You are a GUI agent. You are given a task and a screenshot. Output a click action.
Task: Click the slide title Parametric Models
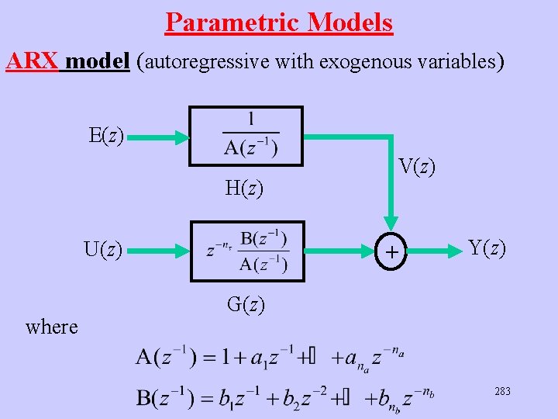pyautogui.click(x=279, y=23)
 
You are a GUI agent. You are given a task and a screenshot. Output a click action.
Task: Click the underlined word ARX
pyautogui.click(x=32, y=61)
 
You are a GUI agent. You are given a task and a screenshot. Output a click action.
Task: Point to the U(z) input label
pyautogui.click(x=103, y=250)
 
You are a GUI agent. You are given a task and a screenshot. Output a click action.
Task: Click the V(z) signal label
pyautogui.click(x=417, y=166)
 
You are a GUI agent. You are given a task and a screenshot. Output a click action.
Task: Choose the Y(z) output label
pyautogui.click(x=487, y=249)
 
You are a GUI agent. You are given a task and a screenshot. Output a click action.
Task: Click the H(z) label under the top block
pyautogui.click(x=244, y=187)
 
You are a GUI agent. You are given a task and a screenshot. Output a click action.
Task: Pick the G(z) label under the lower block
pyautogui.click(x=246, y=304)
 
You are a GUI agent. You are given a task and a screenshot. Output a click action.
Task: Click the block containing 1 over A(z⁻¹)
pyautogui.click(x=246, y=136)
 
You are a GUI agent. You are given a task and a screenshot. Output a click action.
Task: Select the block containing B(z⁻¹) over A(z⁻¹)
pyautogui.click(x=247, y=251)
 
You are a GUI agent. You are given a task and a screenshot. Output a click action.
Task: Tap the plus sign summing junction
pyautogui.click(x=393, y=251)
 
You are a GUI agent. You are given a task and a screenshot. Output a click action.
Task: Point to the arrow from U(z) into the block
pyautogui.click(x=158, y=251)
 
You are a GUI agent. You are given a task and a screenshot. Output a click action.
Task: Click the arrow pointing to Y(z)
pyautogui.click(x=436, y=251)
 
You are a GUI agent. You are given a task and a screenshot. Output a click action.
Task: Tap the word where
pyautogui.click(x=52, y=327)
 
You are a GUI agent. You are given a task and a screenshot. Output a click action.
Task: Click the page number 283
pyautogui.click(x=502, y=392)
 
